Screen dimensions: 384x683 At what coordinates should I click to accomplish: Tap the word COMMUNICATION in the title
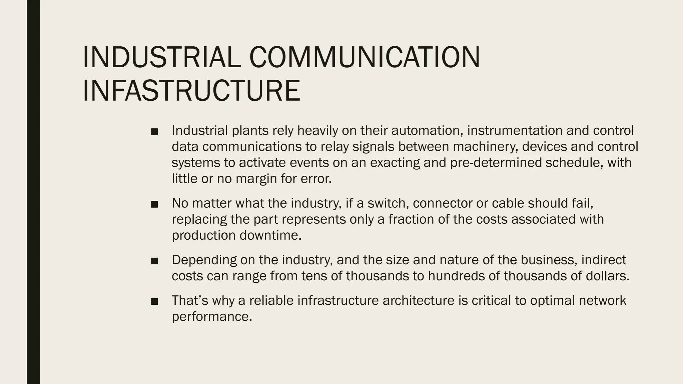[365, 57]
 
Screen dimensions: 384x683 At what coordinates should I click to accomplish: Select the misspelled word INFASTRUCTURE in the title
[191, 90]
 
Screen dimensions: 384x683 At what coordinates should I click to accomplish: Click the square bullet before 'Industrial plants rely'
[154, 132]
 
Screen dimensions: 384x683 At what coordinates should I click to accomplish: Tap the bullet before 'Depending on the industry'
[154, 261]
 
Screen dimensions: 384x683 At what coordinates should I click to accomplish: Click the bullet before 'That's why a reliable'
[154, 302]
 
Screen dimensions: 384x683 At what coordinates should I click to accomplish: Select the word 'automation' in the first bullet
[427, 130]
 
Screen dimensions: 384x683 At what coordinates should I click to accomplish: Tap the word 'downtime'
[270, 235]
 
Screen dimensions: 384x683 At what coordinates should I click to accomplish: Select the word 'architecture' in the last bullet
[418, 300]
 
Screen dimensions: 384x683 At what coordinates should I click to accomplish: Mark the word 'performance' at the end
[212, 317]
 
